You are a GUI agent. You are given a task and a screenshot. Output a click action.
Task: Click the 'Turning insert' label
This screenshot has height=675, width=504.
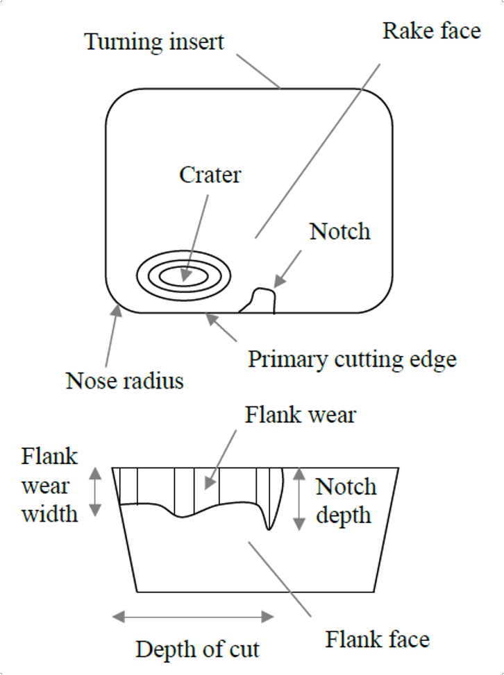click(x=154, y=42)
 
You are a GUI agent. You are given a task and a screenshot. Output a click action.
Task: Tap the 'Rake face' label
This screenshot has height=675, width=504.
click(x=431, y=31)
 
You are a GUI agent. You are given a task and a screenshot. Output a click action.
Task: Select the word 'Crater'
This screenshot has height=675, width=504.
click(x=210, y=174)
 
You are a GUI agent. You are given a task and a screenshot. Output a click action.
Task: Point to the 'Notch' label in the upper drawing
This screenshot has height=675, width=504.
click(x=339, y=231)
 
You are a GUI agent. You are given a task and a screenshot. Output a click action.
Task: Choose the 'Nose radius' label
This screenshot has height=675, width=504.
click(x=125, y=380)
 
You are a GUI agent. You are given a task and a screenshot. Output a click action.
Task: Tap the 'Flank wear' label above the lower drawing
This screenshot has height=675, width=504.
click(x=300, y=415)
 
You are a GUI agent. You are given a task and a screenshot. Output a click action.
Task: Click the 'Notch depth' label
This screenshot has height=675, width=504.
click(x=346, y=501)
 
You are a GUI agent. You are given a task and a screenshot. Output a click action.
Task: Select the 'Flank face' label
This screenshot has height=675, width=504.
click(x=378, y=638)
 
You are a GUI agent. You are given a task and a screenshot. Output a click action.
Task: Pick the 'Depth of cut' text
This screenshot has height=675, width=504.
click(x=197, y=649)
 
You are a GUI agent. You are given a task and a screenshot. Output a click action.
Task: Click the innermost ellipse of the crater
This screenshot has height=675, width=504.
click(x=184, y=275)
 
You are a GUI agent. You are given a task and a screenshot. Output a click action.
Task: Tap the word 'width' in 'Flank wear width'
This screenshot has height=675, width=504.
click(x=49, y=515)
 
